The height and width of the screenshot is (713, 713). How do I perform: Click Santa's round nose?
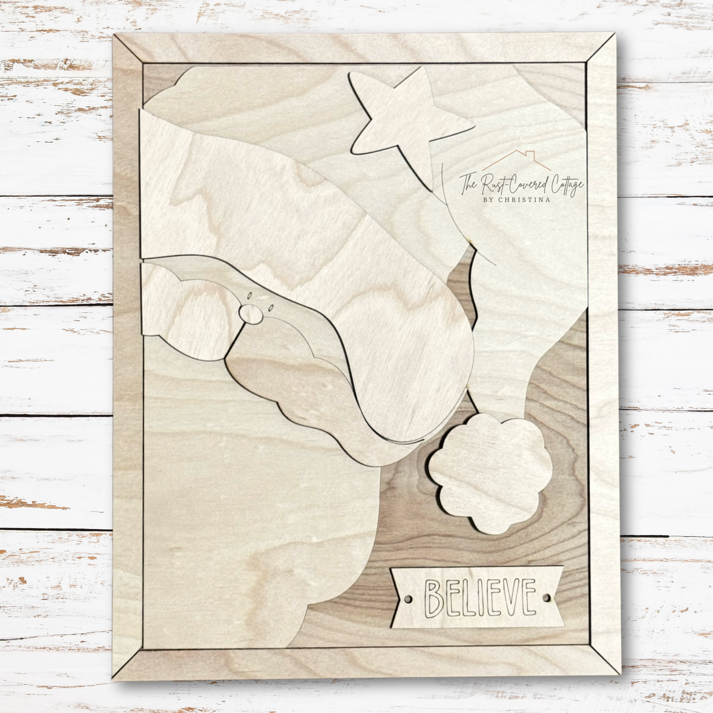[x=251, y=313]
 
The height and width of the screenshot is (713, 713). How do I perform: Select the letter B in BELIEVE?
[x=435, y=599]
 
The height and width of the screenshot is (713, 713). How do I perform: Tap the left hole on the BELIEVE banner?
[x=408, y=599]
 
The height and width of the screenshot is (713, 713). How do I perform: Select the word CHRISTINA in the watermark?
[x=526, y=199]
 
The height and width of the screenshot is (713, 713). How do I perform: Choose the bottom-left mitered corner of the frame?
[x=128, y=664]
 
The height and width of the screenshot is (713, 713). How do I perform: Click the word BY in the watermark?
[x=489, y=199]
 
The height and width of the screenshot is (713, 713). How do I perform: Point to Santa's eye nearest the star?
[x=270, y=307]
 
